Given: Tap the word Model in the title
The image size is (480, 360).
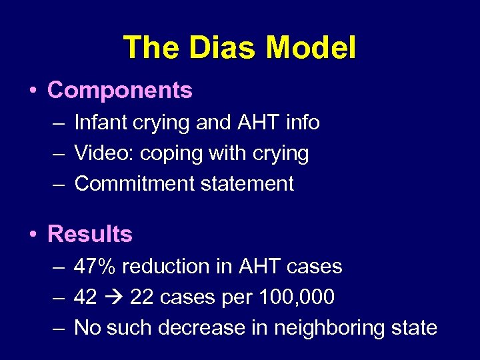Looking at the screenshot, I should tap(311, 48).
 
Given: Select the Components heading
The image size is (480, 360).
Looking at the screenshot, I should tap(120, 90).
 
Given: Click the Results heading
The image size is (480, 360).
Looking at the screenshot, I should tap(90, 234).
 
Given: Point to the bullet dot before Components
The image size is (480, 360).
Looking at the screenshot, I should tap(33, 91).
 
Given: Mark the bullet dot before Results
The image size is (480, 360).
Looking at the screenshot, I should tap(33, 235).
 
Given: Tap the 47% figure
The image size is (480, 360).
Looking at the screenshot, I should tap(95, 267).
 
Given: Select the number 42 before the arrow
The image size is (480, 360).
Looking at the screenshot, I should tap(85, 297).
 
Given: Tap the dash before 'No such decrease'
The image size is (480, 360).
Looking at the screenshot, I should tap(57, 328).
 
